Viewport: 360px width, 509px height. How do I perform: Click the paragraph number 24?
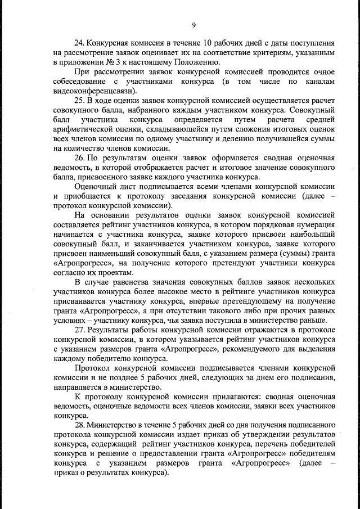tap(80, 43)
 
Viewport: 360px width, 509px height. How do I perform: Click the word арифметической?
tap(83, 129)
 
